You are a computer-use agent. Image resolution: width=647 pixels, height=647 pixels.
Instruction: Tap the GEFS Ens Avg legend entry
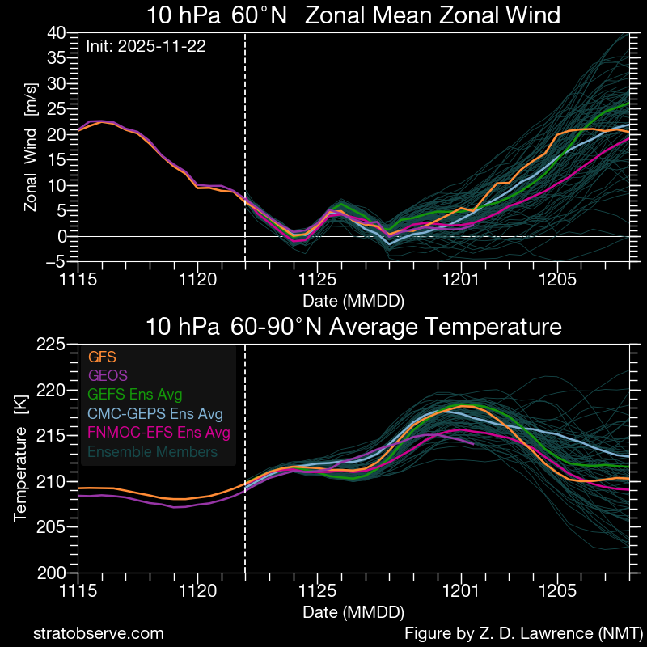[x=133, y=394]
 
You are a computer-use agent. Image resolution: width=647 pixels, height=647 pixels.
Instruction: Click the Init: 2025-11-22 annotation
[x=146, y=47]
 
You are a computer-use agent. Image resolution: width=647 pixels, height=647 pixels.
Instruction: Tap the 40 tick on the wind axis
[x=56, y=32]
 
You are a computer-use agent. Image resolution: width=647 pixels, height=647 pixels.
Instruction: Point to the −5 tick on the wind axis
[x=56, y=261]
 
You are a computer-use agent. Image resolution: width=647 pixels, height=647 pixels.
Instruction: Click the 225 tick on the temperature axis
[x=51, y=345]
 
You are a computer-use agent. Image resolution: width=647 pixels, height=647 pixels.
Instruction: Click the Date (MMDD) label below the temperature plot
[x=353, y=611]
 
